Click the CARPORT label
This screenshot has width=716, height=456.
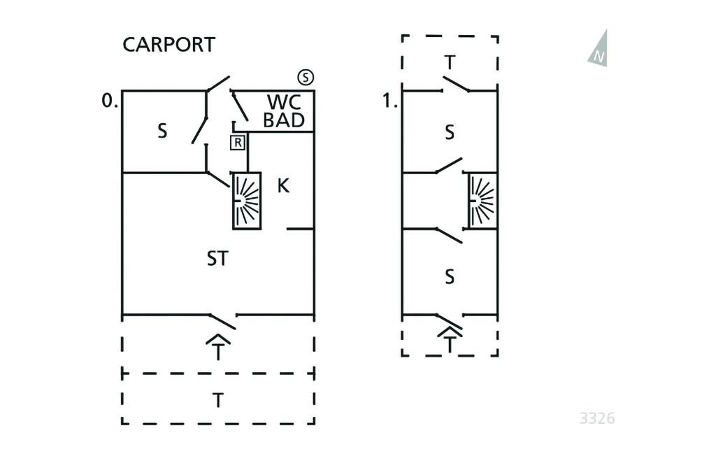[x=169, y=45]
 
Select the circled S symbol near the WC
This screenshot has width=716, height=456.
[x=305, y=77]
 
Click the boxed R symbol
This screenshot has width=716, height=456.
[x=238, y=143]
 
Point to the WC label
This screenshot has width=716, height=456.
[x=283, y=102]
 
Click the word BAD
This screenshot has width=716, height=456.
[x=283, y=120]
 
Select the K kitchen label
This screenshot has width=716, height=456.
[x=283, y=186]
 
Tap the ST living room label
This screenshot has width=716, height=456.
[x=217, y=259]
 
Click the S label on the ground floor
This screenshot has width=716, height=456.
[x=162, y=131]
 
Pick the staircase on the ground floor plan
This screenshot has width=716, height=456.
[x=246, y=201]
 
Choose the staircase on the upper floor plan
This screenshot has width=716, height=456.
[x=482, y=201]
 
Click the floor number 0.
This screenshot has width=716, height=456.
[x=109, y=101]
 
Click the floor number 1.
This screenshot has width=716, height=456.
[x=389, y=101]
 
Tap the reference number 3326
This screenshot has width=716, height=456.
[x=597, y=418]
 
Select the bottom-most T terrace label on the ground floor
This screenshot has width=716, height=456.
[x=218, y=400]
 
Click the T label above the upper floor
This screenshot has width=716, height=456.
[x=450, y=63]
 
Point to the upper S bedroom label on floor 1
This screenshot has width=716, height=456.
[x=450, y=132]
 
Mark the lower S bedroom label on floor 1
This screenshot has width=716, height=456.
[x=450, y=277]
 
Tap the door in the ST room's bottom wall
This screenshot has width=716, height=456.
[x=222, y=321]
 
